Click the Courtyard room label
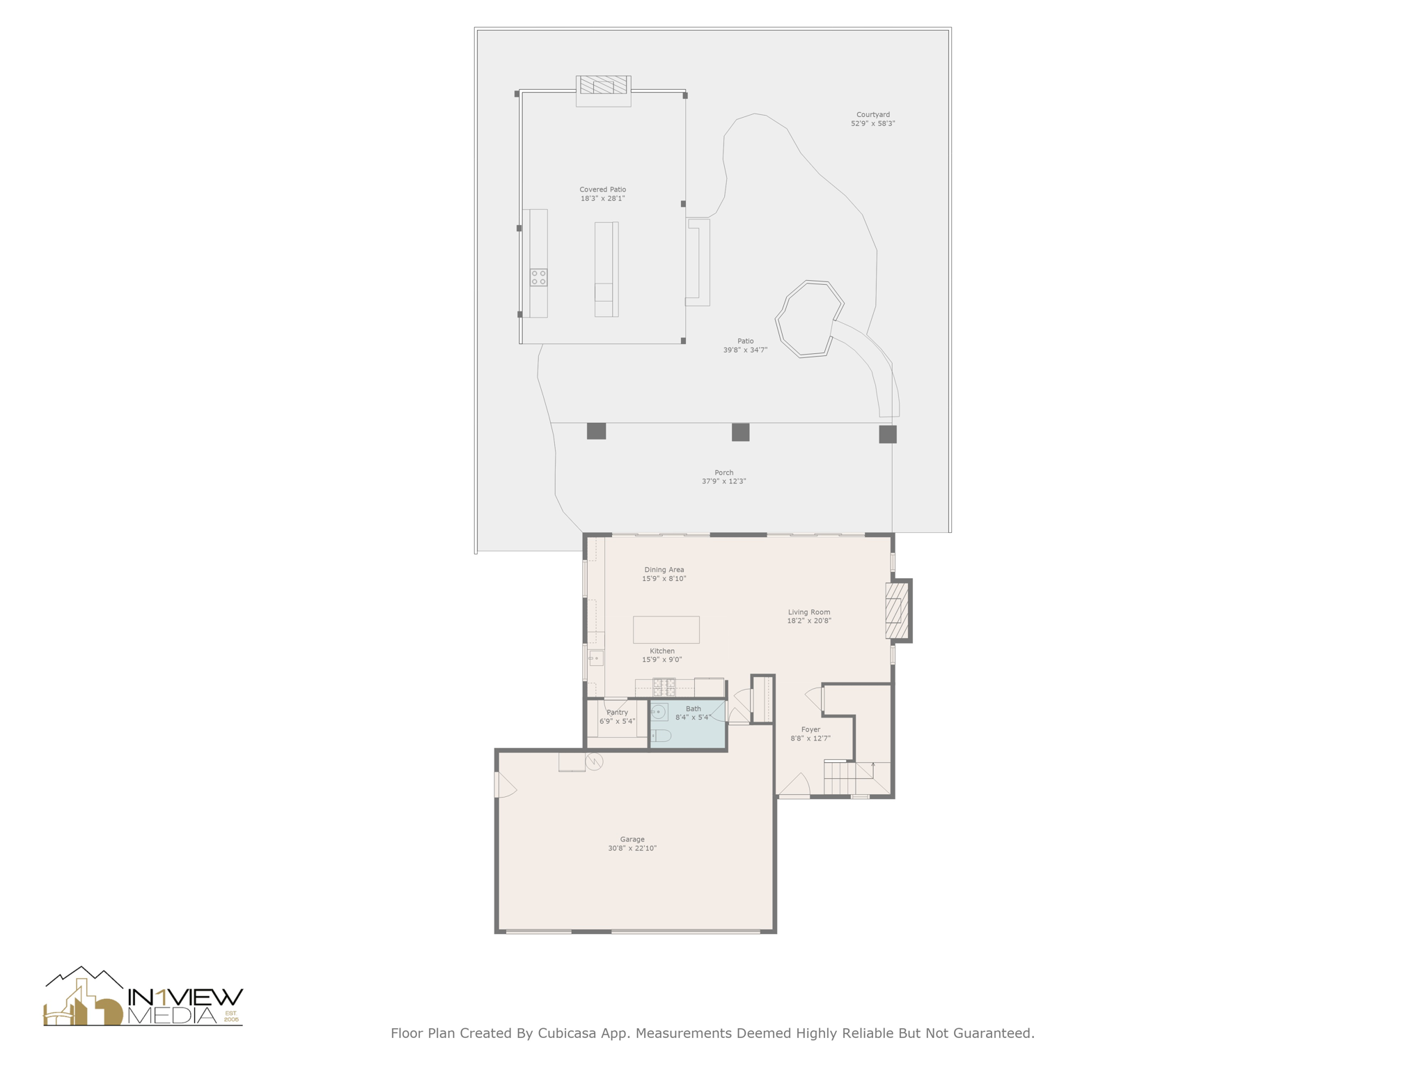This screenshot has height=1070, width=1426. point(872,114)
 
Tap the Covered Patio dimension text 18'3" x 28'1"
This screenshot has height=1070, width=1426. point(603,199)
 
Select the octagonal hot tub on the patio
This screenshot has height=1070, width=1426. point(810,319)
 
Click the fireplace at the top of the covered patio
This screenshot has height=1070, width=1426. point(603,86)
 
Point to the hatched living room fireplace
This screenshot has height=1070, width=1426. point(897,611)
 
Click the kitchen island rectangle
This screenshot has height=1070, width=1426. point(666,630)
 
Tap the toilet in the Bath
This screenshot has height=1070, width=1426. point(661,736)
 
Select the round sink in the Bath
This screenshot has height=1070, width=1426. point(659,712)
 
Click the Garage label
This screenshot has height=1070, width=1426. point(632,839)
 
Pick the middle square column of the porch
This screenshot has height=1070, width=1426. point(740,433)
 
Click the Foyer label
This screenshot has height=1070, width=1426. point(810,729)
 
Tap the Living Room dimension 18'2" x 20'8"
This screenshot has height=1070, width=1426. point(809,621)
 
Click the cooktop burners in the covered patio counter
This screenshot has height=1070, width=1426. point(538,277)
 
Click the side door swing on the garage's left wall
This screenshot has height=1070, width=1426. point(505,785)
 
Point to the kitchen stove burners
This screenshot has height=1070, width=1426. point(664,687)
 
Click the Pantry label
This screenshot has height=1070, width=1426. point(617,712)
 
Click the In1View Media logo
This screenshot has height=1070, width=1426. point(143,998)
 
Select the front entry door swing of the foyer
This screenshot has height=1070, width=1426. point(794,786)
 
